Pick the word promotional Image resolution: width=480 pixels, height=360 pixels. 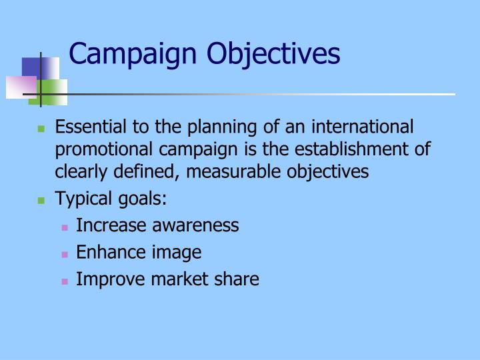click(x=100, y=149)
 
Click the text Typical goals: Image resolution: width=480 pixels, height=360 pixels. click(x=111, y=199)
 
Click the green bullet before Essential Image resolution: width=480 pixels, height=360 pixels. click(x=41, y=128)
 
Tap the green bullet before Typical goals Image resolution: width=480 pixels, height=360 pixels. click(x=41, y=200)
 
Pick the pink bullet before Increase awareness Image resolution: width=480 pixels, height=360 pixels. click(x=65, y=227)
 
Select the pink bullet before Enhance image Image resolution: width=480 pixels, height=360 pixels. click(x=65, y=253)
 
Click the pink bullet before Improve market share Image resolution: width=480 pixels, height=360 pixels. click(x=65, y=280)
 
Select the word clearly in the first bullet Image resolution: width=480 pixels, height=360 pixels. click(x=78, y=172)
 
